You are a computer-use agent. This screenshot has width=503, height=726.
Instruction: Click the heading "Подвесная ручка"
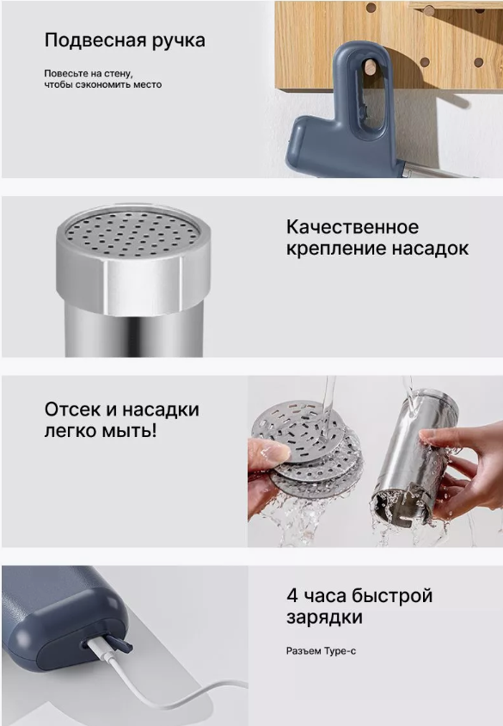(x=125, y=40)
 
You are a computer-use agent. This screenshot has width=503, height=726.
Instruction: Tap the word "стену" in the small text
(x=120, y=74)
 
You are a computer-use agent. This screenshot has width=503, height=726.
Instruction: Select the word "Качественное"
(x=353, y=227)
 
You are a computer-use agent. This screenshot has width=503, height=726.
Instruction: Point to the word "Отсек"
(x=71, y=409)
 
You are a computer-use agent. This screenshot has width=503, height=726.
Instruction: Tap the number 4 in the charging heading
(x=292, y=595)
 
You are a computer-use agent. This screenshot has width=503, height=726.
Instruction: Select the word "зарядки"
(x=324, y=618)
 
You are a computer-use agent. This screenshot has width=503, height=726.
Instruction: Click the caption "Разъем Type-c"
(x=321, y=651)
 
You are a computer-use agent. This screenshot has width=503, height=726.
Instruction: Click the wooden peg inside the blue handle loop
(x=370, y=67)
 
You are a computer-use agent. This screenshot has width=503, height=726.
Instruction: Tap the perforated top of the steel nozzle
(x=133, y=231)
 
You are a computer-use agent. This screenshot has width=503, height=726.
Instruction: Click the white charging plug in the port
(x=100, y=647)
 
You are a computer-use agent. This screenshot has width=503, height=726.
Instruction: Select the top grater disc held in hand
(x=298, y=432)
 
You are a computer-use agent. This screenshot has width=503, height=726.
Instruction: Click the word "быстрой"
(x=392, y=595)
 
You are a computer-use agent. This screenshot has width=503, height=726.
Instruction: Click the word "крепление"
(x=336, y=249)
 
